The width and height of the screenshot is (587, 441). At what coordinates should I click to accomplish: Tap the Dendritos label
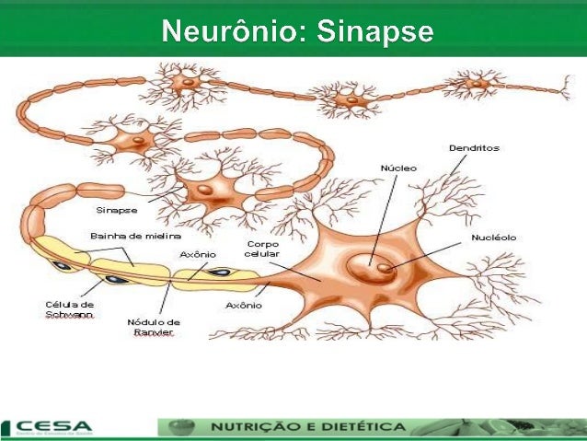[474, 147]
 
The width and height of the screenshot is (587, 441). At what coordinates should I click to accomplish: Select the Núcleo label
[398, 168]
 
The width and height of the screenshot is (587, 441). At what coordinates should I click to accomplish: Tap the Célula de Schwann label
[69, 308]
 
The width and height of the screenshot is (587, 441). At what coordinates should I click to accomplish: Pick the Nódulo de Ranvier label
[153, 327]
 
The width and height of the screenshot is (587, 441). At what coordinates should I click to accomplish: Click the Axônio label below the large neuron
[241, 303]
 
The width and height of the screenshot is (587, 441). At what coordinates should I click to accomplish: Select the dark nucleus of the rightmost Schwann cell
[222, 273]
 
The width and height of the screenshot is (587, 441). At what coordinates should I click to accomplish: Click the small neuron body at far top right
[476, 86]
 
